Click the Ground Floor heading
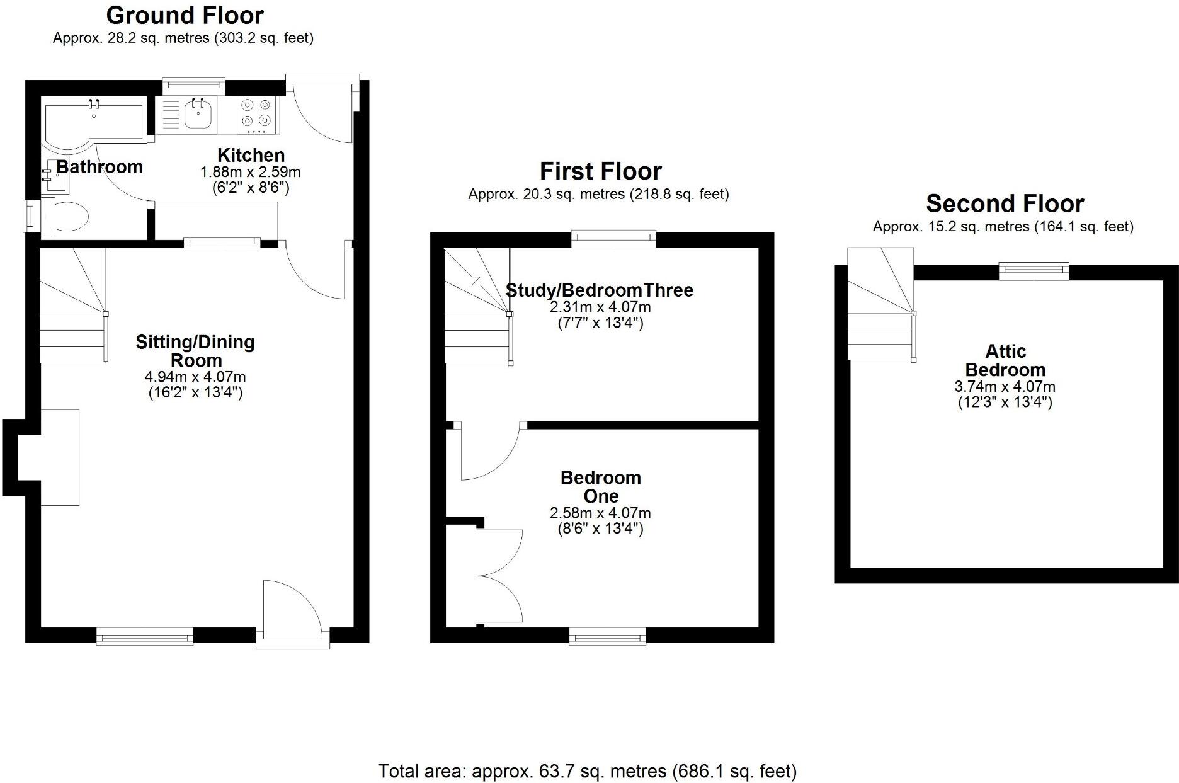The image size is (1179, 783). pos(185,15)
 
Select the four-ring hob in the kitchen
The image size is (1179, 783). pos(256,114)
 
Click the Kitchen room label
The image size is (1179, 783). pos(251,155)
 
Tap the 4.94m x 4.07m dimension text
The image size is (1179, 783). pos(195,377)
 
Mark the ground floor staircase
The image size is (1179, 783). pos(72,306)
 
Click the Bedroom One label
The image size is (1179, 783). pos(600,487)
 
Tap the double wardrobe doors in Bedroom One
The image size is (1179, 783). pos(501,576)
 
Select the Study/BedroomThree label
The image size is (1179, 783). pos(600,290)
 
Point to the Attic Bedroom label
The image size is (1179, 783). pos(1005,360)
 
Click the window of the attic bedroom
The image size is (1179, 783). pos(1034,271)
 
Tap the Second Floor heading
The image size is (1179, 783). pos(1005,204)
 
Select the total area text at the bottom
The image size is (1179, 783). pos(587,771)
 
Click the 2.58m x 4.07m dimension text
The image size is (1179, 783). pos(600,513)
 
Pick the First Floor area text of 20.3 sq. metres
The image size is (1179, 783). pos(598,194)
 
